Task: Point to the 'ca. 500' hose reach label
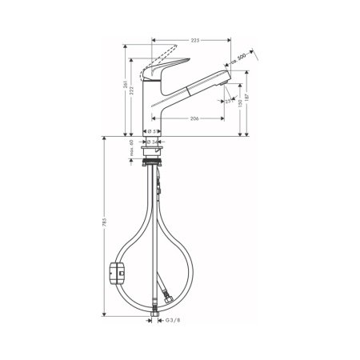pyautogui.click(x=237, y=62)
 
